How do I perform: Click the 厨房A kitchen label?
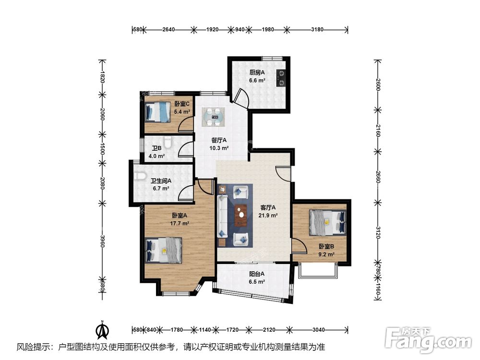tap(257, 72)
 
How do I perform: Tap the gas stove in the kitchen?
tap(280, 78)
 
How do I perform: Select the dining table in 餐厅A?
tap(214, 117)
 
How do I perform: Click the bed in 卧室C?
tap(157, 112)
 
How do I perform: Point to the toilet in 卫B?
tap(168, 142)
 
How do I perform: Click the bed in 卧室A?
tap(164, 250)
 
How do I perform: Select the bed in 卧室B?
tap(327, 222)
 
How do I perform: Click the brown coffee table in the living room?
tap(241, 215)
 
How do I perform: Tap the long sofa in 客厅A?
tap(222, 216)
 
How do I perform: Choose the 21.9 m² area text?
tap(268, 215)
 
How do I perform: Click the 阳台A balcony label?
tap(256, 274)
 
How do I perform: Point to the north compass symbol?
tap(103, 330)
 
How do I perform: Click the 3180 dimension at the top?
tap(317, 29)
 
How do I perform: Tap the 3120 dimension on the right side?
tap(378, 233)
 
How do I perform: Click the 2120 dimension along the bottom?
tap(269, 330)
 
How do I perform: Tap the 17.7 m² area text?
tap(180, 223)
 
